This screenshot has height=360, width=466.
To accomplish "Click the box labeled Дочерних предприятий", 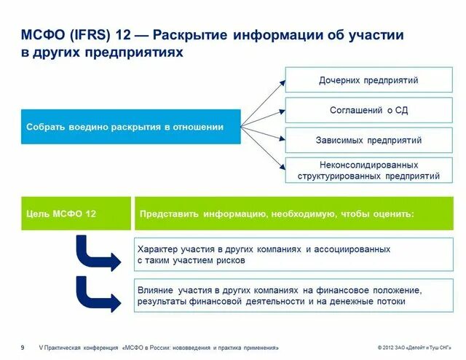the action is pyautogui.click(x=368, y=80).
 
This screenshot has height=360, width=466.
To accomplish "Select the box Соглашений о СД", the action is pyautogui.click(x=368, y=110).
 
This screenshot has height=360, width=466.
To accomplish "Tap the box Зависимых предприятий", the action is pyautogui.click(x=368, y=140).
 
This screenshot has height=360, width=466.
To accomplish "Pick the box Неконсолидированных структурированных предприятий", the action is pyautogui.click(x=368, y=171).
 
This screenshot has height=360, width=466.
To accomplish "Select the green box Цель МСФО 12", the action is pyautogui.click(x=76, y=214).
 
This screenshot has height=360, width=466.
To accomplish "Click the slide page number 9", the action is pyautogui.click(x=23, y=348).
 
